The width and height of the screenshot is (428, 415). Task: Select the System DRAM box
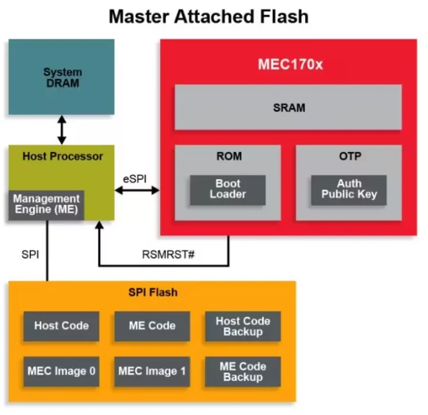(61, 77)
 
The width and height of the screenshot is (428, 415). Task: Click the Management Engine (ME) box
(46, 204)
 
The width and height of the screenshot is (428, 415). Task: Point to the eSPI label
(135, 179)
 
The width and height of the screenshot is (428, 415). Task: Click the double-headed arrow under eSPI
(137, 191)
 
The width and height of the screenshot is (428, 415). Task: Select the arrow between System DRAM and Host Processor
(62, 130)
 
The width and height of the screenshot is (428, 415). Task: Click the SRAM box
(288, 107)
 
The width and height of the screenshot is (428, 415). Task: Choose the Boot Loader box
(228, 189)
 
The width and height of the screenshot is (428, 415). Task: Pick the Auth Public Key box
(348, 189)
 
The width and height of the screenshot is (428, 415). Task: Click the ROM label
(228, 157)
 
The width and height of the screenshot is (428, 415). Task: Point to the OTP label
(348, 157)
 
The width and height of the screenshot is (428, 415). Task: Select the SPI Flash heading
(153, 293)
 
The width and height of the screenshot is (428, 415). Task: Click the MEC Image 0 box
(61, 371)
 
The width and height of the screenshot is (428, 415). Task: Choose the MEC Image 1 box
(152, 371)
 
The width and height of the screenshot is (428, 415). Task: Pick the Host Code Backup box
(242, 326)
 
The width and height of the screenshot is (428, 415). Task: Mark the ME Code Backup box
(242, 371)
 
